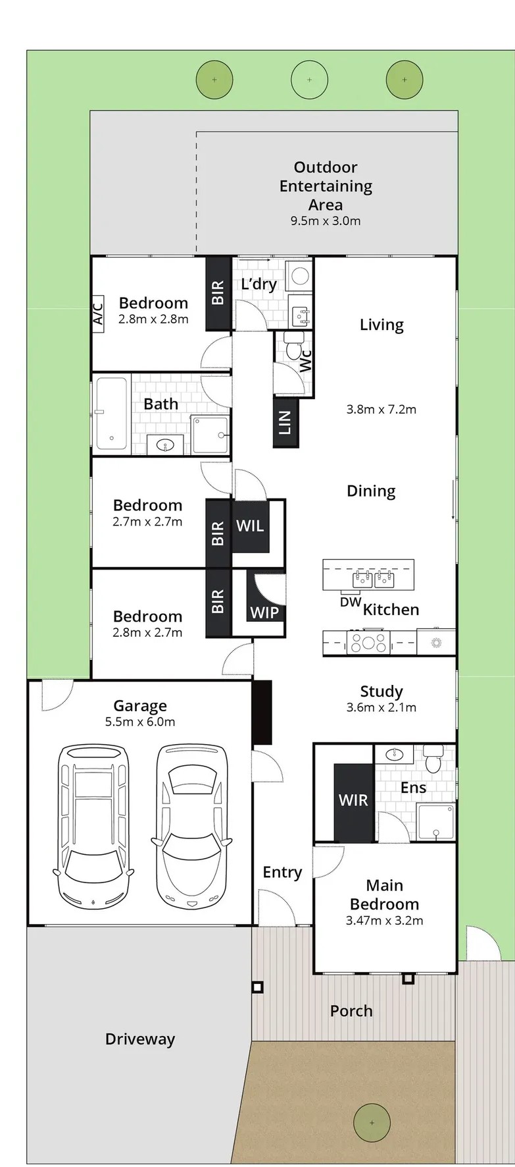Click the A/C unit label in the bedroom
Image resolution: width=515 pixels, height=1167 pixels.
click(97, 312)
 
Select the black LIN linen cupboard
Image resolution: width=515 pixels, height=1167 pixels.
click(285, 422)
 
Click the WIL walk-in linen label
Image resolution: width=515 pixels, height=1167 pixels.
click(251, 526)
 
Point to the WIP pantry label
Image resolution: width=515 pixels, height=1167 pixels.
click(264, 612)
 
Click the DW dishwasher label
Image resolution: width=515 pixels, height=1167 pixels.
click(351, 601)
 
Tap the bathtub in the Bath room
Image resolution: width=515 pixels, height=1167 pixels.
click(111, 414)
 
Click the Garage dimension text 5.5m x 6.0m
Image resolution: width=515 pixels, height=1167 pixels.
click(140, 722)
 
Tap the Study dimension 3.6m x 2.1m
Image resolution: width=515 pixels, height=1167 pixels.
click(381, 708)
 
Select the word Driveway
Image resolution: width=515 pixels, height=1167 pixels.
click(140, 1039)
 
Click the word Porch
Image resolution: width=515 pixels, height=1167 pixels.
click(351, 1011)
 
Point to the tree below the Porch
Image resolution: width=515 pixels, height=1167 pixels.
click(372, 1123)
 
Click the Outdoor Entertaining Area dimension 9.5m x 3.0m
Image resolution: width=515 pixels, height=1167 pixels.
click(326, 221)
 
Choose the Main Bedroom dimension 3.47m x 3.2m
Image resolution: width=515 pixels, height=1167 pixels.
click(385, 921)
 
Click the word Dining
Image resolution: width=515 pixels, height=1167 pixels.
click(371, 491)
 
